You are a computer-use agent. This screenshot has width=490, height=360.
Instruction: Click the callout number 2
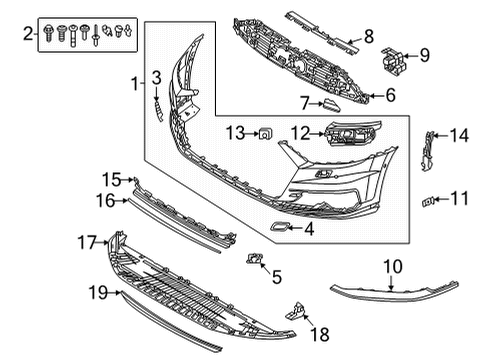coord(28,33)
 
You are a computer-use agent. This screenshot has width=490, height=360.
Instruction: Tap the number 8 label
coord(369,36)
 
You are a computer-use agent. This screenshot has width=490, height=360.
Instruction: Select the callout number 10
coord(393,267)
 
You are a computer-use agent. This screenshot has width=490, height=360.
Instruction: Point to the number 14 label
coord(459,136)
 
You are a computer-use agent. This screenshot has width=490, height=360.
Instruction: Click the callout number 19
coord(98,293)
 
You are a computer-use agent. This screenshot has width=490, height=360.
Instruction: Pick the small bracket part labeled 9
coord(393,60)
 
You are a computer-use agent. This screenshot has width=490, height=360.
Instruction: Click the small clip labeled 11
coord(428,202)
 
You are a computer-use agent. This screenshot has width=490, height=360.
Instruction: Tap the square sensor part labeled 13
coord(266,134)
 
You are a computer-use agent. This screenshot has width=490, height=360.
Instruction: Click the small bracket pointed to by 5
coord(255,258)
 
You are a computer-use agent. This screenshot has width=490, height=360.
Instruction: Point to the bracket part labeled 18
coord(296,311)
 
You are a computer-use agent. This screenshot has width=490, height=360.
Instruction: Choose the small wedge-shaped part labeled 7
coord(331,105)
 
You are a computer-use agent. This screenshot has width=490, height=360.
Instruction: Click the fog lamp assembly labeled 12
coord(353,133)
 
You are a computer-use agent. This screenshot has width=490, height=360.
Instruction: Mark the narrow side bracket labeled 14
coord(427,151)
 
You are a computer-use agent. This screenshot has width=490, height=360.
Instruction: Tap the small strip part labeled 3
coord(159,111)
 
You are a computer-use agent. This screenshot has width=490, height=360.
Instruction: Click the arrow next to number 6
coord(376,96)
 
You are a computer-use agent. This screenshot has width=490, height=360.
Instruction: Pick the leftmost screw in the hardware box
coord(48,33)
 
